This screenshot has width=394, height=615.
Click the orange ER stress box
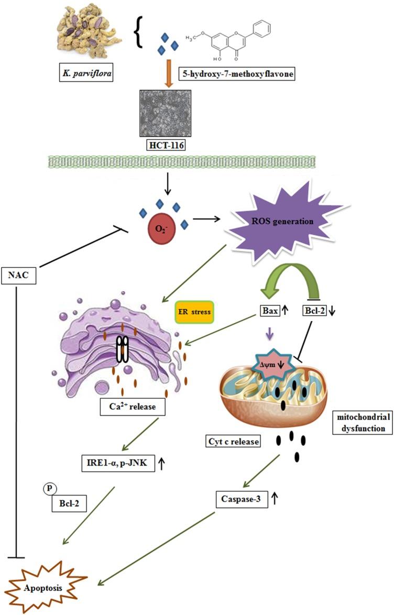click(192, 315)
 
